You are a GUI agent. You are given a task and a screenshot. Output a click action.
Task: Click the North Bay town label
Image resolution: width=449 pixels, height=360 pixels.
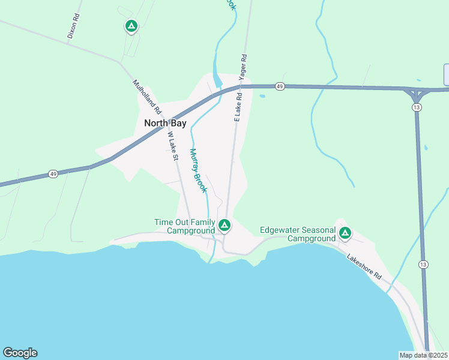coord(165,123)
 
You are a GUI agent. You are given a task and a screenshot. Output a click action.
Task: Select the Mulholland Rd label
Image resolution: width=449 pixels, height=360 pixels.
coord(146,97)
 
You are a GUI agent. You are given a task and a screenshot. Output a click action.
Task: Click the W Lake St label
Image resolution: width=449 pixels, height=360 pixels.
coord(173,147)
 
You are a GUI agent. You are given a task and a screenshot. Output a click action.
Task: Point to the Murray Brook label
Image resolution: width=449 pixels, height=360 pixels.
coord(199,170)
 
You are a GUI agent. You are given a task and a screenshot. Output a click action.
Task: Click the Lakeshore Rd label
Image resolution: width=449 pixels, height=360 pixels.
coord(364,266)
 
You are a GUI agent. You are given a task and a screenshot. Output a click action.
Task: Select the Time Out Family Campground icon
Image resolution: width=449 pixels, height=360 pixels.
coord(224,226)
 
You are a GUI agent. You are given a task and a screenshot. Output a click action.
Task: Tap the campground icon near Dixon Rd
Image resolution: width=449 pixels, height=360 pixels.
coord(131,26)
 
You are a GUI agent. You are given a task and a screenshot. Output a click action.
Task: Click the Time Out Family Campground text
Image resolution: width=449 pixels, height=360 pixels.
coord(185,226)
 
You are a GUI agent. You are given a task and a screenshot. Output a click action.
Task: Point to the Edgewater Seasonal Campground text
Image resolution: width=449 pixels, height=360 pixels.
coord(298,234)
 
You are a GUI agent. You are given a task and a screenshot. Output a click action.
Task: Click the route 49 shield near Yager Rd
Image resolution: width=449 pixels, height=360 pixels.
coord(280,87)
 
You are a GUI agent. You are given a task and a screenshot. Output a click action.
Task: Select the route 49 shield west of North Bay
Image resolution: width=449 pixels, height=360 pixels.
coord(53,174)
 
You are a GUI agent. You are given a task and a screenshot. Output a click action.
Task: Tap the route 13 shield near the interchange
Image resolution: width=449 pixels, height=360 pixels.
coord(416,107)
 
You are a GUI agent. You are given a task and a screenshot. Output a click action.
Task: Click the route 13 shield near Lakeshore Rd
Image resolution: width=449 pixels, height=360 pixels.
coord(424,265)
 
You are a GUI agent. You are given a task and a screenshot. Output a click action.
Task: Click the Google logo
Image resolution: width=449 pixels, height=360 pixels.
coord(20,353)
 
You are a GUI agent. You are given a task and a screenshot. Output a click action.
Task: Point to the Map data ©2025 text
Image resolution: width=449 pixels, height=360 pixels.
coord(423,355)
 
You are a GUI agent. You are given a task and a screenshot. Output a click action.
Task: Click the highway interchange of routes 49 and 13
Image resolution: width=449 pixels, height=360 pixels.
coord(416,94)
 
